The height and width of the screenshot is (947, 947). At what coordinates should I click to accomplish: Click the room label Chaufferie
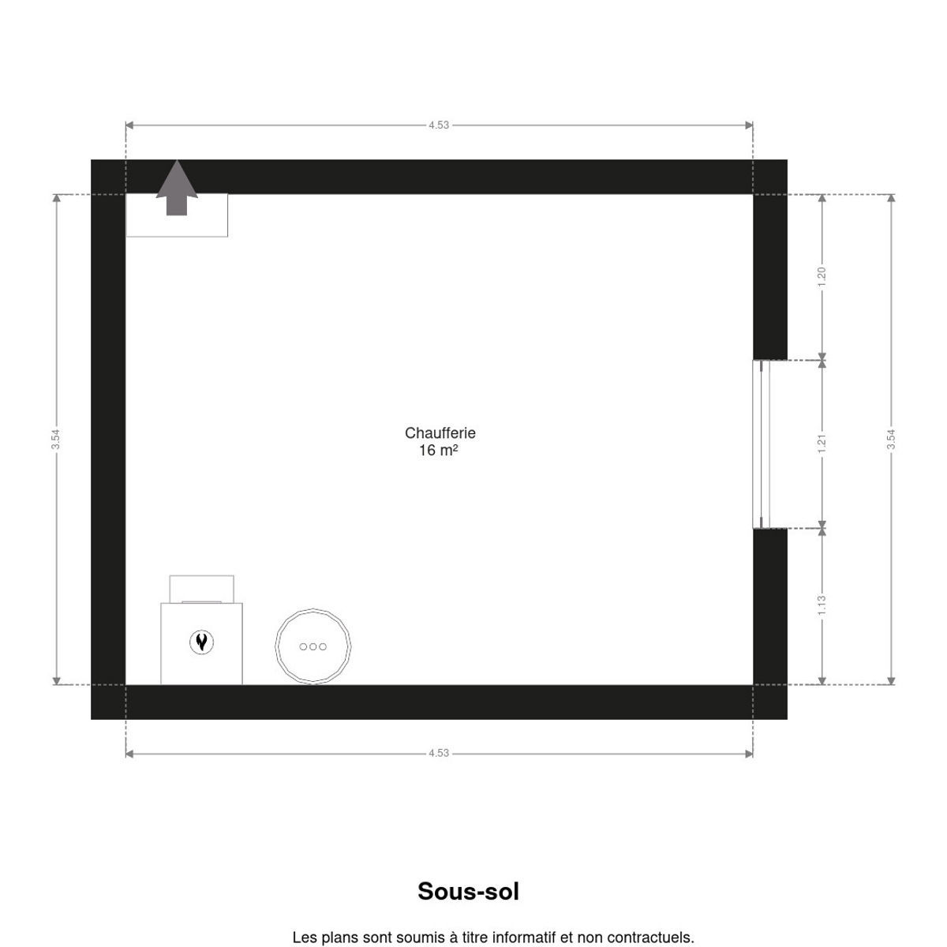pyautogui.click(x=440, y=433)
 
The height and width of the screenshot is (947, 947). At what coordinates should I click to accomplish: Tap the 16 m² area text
pyautogui.click(x=438, y=450)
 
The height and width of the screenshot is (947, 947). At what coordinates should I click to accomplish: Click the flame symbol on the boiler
pyautogui.click(x=201, y=642)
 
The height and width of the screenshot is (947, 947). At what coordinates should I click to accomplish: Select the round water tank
pyautogui.click(x=313, y=646)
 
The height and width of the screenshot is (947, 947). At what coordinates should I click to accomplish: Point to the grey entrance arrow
pyautogui.click(x=177, y=189)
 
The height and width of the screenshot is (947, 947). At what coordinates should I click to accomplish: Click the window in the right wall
pyautogui.click(x=762, y=444)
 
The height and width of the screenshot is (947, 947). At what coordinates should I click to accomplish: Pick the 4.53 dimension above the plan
pyautogui.click(x=439, y=125)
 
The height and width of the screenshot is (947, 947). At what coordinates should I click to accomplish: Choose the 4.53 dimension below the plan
pyautogui.click(x=439, y=754)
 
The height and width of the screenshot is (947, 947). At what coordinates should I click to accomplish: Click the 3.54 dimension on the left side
pyautogui.click(x=55, y=439)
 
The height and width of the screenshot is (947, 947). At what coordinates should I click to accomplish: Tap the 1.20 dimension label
pyautogui.click(x=822, y=277)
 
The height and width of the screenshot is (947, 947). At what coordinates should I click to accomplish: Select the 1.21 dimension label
pyautogui.click(x=822, y=444)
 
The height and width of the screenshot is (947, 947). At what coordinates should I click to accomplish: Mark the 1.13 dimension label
pyautogui.click(x=822, y=605)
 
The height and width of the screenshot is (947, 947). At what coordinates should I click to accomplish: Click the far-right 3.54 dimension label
pyautogui.click(x=891, y=439)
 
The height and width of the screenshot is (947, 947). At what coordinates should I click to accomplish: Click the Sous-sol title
pyautogui.click(x=468, y=892)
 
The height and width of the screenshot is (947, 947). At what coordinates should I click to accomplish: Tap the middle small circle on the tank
pyautogui.click(x=313, y=647)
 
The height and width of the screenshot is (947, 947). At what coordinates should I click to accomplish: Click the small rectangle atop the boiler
pyautogui.click(x=201, y=590)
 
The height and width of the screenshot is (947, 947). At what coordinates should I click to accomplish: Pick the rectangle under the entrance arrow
pyautogui.click(x=177, y=215)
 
